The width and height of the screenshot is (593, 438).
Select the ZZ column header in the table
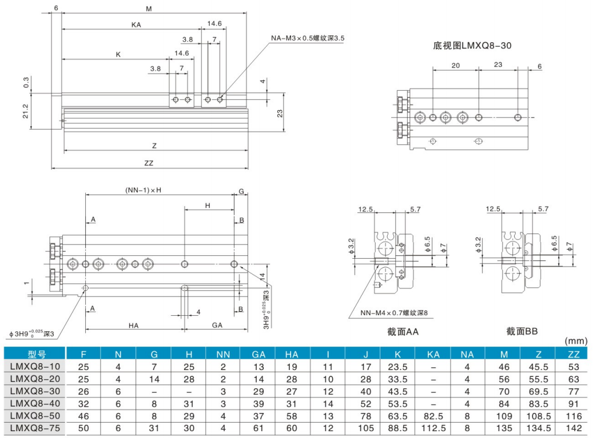(x=574, y=354)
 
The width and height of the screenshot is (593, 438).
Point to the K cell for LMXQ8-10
(x=398, y=366)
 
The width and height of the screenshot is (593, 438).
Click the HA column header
(x=291, y=354)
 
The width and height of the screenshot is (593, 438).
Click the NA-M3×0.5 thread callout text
(x=308, y=38)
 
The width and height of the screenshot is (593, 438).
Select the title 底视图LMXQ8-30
(x=468, y=45)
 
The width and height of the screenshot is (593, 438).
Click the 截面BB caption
(x=522, y=331)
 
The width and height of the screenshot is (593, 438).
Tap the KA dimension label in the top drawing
(x=136, y=25)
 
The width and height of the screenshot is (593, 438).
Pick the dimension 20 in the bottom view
(x=455, y=65)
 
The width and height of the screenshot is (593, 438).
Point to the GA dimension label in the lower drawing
(x=217, y=324)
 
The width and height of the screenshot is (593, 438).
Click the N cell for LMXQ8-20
(x=118, y=378)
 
